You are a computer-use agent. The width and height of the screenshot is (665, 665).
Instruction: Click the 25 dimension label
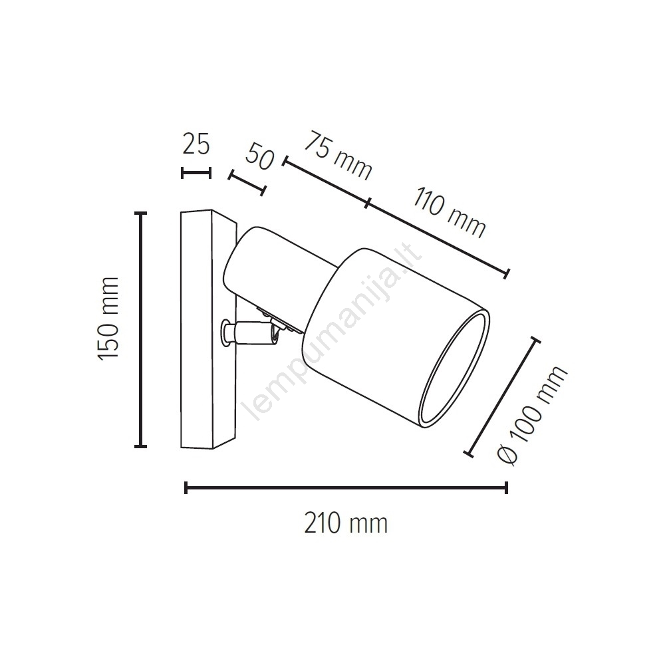pos(196,144)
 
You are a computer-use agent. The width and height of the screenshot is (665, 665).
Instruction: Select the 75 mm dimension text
pos(338,156)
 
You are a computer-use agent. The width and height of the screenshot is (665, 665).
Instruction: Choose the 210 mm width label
pos(346,523)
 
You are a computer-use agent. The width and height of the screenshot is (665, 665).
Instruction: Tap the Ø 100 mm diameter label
pos(532,416)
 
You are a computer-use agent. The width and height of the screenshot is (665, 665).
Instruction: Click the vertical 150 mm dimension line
pos(140,329)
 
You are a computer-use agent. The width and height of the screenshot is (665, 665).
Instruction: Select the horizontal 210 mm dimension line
pos(346,487)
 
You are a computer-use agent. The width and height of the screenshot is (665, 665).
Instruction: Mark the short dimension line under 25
pos(196,173)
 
